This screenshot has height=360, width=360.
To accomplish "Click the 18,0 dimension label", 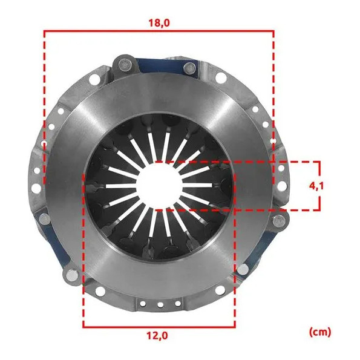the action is [159, 23].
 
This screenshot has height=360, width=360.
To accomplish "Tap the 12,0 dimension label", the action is [157, 336].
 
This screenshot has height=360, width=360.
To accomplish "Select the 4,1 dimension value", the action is [316, 186].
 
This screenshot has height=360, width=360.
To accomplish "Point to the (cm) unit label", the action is [320, 332].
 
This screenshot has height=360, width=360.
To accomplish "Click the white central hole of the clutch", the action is [160, 186].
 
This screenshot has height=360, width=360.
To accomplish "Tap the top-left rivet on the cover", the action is [125, 63].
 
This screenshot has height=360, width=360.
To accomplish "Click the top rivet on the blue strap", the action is [189, 68].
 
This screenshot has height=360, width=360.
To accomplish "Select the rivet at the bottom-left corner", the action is [73, 275].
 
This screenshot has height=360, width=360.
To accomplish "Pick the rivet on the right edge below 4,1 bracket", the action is [279, 221].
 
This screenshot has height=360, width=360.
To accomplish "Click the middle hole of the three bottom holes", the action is [160, 305].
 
